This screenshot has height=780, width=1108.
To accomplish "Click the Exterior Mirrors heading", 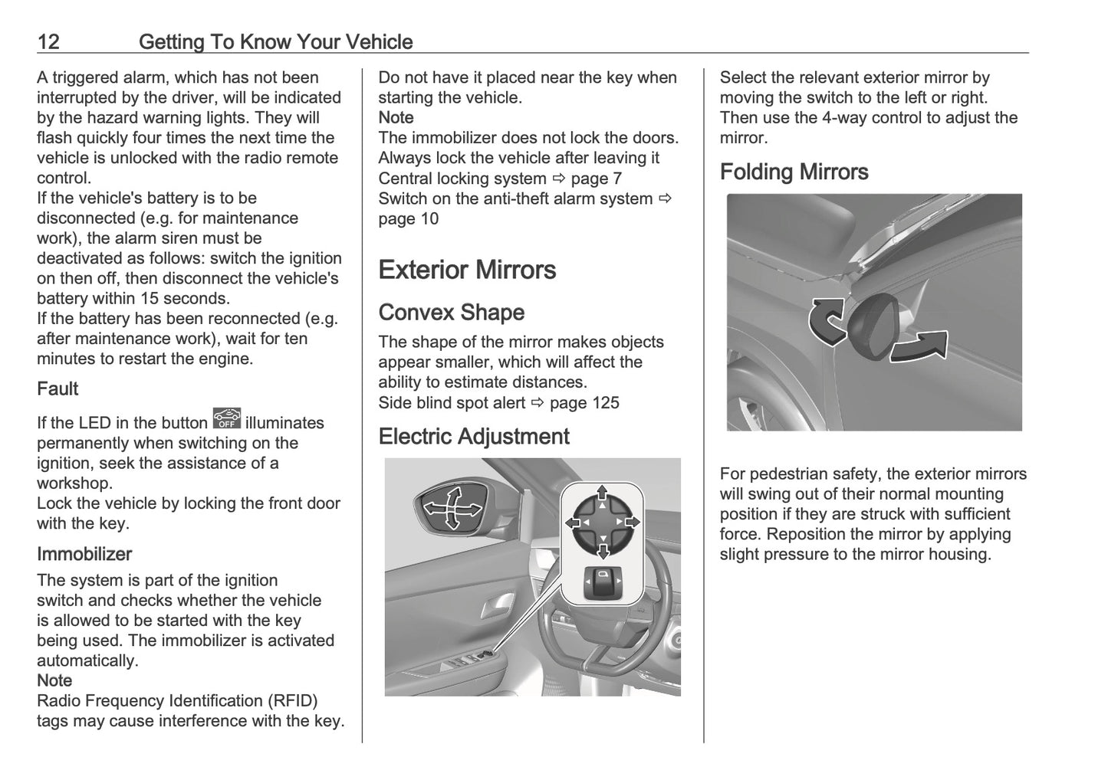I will [466, 270].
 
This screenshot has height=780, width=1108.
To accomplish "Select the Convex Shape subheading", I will [451, 313].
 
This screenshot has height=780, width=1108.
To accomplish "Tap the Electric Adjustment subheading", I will [473, 437].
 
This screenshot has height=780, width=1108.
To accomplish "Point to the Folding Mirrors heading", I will [794, 172].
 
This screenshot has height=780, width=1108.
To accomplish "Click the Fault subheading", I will [58, 389].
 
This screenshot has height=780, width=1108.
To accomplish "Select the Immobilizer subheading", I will [84, 554].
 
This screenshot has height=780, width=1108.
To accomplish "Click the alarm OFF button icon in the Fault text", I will [227, 418].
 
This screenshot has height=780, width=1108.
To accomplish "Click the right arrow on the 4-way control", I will [632, 522].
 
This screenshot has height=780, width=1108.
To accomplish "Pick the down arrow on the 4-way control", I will [603, 550].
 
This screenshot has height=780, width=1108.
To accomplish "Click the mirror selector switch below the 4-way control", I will [602, 584].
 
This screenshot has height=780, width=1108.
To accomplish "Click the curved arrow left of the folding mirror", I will [827, 320].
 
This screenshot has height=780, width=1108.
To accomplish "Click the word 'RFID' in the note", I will [291, 701].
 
